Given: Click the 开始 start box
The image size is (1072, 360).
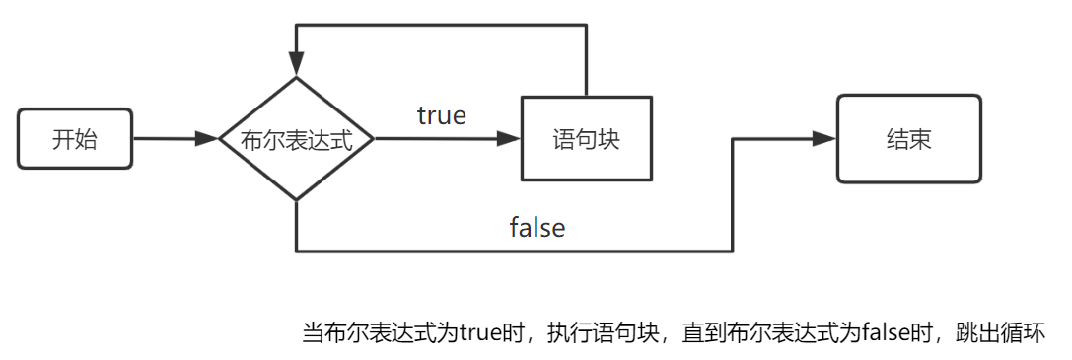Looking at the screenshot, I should (x=74, y=139).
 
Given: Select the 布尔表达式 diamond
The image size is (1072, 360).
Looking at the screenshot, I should (x=296, y=139).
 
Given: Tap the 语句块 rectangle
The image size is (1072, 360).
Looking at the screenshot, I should (x=587, y=139).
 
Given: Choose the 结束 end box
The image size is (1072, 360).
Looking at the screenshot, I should (x=909, y=139).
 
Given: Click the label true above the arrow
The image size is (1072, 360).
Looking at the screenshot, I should (x=441, y=114).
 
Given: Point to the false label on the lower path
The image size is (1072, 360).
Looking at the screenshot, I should (x=537, y=227).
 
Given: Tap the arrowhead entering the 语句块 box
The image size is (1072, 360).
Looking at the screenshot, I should (x=510, y=139).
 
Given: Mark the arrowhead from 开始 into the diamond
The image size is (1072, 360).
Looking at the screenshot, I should (x=206, y=139).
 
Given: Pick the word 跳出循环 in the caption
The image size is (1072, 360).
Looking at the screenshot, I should (x=1007, y=332).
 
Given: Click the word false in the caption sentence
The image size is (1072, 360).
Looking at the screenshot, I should (x=888, y=332).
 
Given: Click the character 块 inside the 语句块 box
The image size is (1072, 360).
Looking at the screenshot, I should (x=608, y=139).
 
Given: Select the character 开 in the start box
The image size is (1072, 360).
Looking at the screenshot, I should (x=62, y=139).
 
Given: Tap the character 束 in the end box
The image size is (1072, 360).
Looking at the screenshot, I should (x=921, y=139).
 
